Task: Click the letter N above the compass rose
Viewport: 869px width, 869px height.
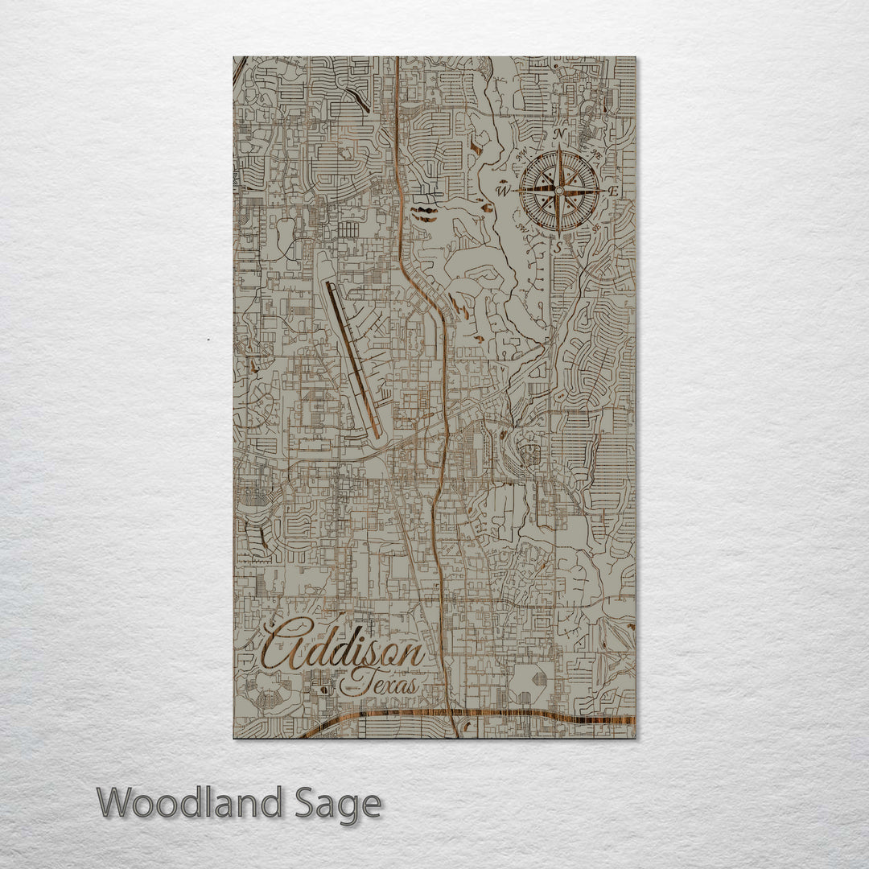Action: pyautogui.click(x=561, y=134)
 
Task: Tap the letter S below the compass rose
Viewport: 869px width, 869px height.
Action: pyautogui.click(x=558, y=248)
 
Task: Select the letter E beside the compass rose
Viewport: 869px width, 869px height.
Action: pyautogui.click(x=613, y=192)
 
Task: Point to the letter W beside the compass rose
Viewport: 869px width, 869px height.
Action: pyautogui.click(x=504, y=191)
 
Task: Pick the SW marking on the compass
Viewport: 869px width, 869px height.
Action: pyautogui.click(x=521, y=228)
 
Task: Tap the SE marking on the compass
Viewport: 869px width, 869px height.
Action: pyautogui.click(x=595, y=228)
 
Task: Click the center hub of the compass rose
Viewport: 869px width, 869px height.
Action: pyautogui.click(x=558, y=191)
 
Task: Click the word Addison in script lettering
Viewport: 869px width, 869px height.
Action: pyautogui.click(x=344, y=648)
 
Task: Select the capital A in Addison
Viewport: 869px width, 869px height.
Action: pyautogui.click(x=283, y=644)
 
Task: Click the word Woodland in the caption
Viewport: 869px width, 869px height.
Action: pyautogui.click(x=190, y=803)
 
